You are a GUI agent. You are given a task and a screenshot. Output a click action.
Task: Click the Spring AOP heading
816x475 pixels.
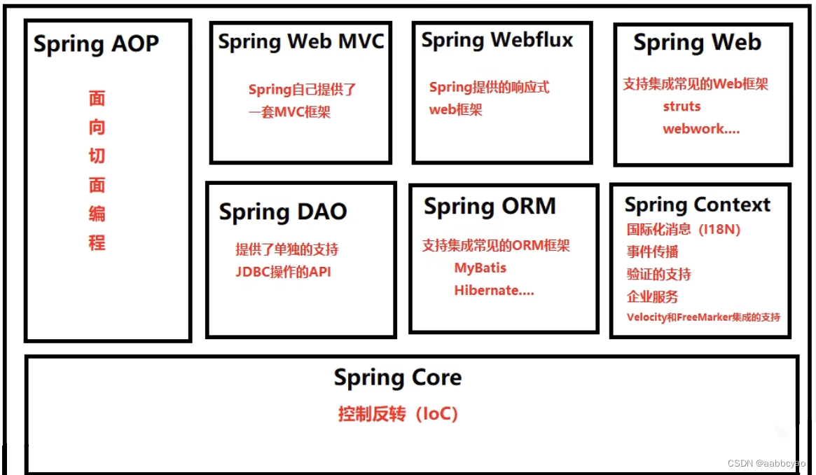tap(96, 44)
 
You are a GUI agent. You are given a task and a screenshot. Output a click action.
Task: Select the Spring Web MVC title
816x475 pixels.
tap(301, 41)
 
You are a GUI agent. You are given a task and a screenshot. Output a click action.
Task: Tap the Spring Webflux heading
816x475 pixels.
tap(497, 41)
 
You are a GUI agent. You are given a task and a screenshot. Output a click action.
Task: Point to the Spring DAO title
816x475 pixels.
tap(283, 212)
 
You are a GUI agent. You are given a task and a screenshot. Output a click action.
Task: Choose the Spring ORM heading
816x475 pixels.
tap(490, 207)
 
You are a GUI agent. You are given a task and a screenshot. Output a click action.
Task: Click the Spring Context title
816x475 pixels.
tap(697, 205)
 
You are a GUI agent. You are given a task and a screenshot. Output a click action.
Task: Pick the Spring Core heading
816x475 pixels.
tap(397, 378)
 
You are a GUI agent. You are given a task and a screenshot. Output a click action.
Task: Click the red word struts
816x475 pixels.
tap(682, 106)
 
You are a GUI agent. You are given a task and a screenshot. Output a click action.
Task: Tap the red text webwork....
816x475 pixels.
tap(700, 129)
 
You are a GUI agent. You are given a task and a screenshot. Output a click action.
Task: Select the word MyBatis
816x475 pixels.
tap(480, 268)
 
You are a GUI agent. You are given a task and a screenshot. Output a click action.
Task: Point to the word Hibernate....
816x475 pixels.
tap(494, 291)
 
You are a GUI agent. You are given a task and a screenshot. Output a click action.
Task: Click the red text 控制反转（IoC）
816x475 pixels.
tap(398, 414)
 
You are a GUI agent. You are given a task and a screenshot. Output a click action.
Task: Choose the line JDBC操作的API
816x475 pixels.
tap(283, 273)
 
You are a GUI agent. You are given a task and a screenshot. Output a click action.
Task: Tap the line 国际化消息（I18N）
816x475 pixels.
tap(683, 229)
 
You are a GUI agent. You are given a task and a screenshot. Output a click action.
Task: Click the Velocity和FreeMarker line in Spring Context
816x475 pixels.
tap(703, 317)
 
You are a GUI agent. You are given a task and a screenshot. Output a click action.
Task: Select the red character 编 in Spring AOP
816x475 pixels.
tap(97, 214)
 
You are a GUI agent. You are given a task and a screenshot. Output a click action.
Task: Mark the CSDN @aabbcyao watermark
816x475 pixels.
tap(766, 464)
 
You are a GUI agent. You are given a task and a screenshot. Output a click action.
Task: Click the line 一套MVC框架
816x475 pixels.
tap(289, 112)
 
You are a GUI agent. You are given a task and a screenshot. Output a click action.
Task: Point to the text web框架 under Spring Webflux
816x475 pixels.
tap(455, 110)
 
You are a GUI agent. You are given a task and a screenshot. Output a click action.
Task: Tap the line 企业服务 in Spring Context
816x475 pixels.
tap(652, 296)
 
